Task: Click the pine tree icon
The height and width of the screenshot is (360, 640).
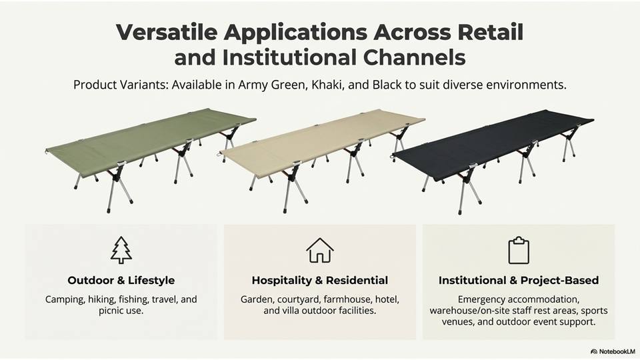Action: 121,250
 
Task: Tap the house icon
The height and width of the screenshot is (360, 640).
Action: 320,250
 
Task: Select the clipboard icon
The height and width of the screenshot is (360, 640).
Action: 519,250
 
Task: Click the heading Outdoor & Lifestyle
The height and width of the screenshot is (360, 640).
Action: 121,281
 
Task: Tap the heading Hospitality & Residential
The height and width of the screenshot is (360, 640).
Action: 320,281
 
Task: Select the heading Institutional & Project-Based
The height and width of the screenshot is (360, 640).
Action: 519,281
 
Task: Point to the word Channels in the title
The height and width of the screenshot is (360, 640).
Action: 414,57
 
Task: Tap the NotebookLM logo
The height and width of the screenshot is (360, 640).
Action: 613,351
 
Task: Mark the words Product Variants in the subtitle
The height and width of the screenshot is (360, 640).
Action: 121,85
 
